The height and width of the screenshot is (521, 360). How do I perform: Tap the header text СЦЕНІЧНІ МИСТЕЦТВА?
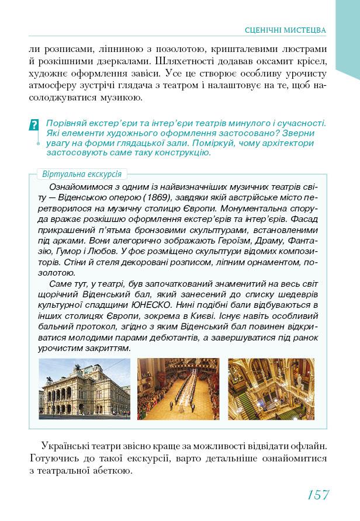(x=285, y=30)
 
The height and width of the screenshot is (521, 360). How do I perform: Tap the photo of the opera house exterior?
(x=84, y=388)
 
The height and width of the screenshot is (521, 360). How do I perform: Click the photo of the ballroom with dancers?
(x=178, y=388)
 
